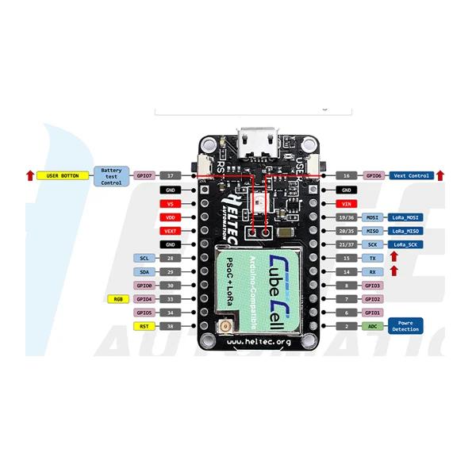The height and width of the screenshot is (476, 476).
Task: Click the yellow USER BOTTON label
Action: [x=63, y=175]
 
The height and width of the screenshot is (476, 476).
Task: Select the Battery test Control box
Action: [x=111, y=175]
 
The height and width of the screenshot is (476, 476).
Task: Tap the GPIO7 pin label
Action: [x=144, y=175]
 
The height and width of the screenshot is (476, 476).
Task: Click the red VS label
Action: [x=171, y=203]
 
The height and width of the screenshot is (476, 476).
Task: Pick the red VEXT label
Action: [x=171, y=231]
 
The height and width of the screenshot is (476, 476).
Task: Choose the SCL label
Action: [x=144, y=258]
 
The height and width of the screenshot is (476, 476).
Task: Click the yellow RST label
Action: [x=144, y=326]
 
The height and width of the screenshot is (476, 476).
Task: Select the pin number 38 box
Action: [x=171, y=326]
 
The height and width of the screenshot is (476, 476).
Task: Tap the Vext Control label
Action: [x=410, y=175]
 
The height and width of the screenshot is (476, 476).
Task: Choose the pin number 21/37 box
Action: [x=346, y=244]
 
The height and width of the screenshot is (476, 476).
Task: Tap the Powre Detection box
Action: [x=405, y=326]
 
